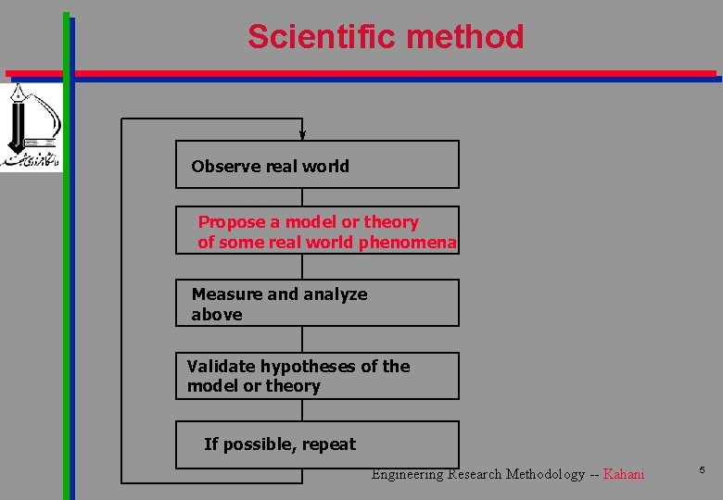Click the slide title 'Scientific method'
(386, 37)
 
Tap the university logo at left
(32, 128)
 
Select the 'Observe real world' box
(317, 165)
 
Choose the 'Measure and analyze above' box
(317, 303)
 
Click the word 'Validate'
(222, 367)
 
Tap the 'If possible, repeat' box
(317, 444)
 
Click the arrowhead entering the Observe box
(302, 135)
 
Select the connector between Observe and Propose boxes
(302, 197)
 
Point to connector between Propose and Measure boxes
(302, 267)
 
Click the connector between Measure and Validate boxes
(302, 339)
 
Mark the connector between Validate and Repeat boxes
(302, 410)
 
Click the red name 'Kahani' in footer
(623, 474)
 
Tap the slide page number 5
(702, 471)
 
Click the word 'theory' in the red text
(391, 222)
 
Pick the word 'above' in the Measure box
(217, 315)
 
